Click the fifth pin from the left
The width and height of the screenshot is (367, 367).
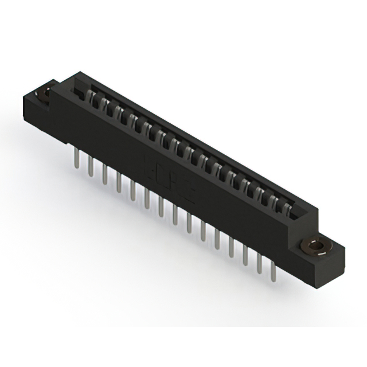tap(132, 189)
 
